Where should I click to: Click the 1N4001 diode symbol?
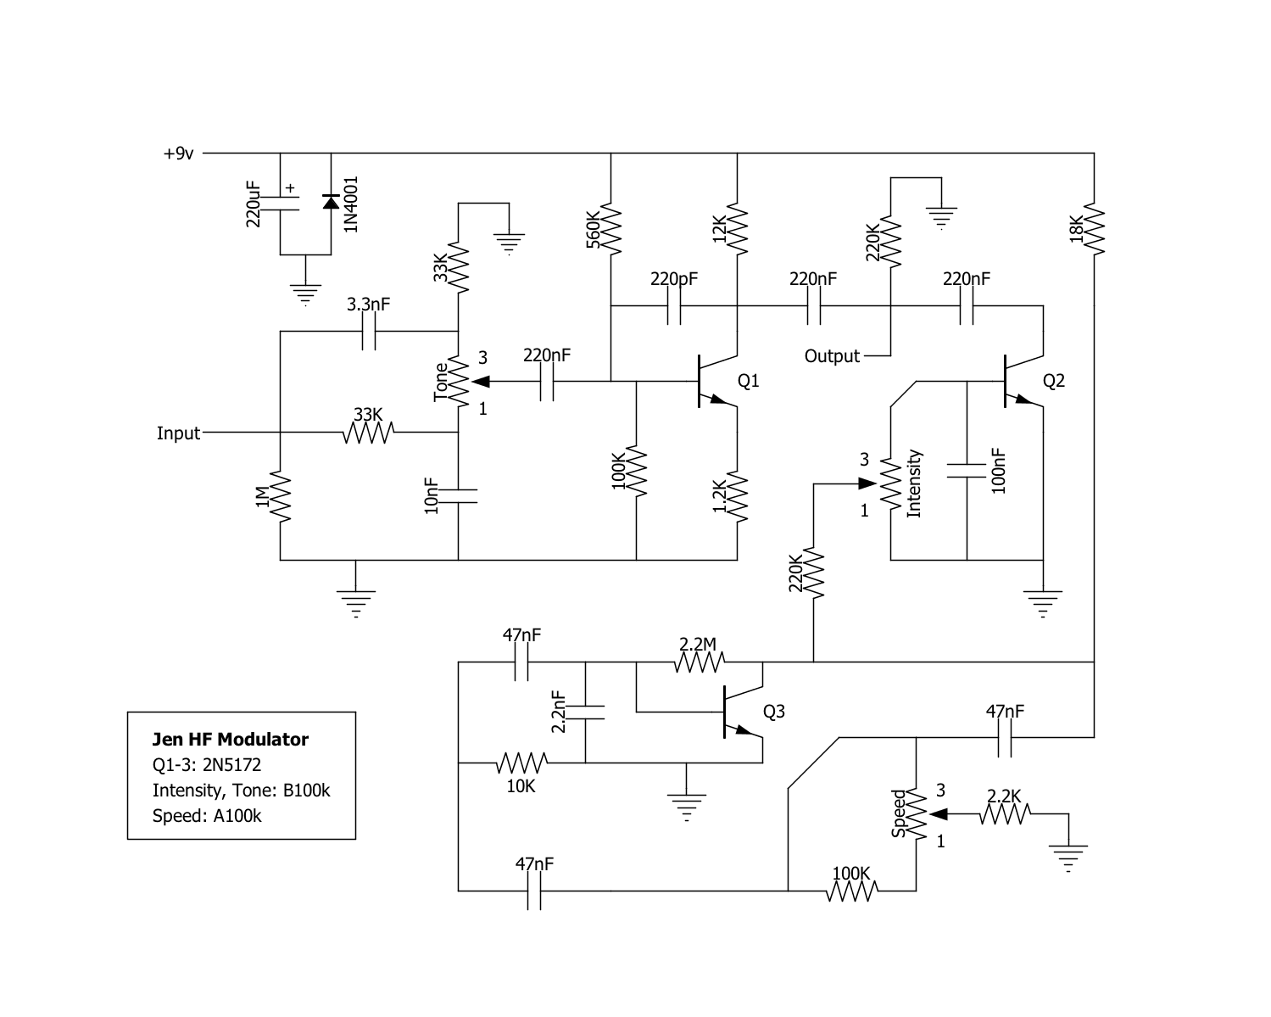(x=331, y=202)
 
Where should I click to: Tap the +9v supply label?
(x=178, y=154)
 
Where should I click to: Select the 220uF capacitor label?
(x=253, y=204)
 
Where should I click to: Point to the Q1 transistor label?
(x=749, y=381)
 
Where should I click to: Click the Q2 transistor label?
(x=1054, y=381)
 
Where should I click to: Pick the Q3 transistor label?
(x=773, y=712)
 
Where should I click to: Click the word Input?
(x=178, y=433)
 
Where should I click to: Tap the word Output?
(x=832, y=356)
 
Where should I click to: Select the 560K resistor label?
(x=593, y=229)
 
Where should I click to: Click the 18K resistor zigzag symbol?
(x=1094, y=229)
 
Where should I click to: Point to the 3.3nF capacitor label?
(x=368, y=305)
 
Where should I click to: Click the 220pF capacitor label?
(x=674, y=279)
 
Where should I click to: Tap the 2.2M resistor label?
(x=698, y=644)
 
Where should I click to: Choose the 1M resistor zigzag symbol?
(x=280, y=496)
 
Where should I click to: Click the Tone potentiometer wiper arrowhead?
(x=480, y=382)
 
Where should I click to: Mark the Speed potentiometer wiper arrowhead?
(x=939, y=814)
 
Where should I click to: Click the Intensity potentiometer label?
(x=914, y=483)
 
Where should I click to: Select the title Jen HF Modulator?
(x=231, y=740)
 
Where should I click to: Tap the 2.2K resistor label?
(x=1004, y=796)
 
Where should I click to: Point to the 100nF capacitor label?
(x=998, y=471)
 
